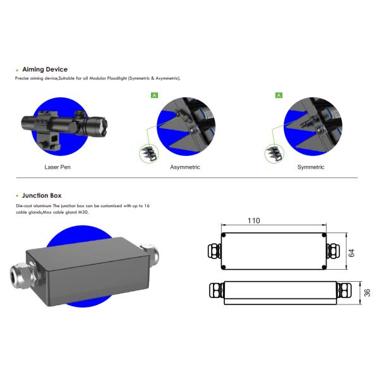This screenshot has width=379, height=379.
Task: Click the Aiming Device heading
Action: (x=45, y=69)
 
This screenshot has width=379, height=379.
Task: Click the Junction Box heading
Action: (x=42, y=196)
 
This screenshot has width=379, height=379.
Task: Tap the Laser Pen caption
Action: (x=57, y=167)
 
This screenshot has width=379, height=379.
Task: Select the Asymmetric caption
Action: (x=185, y=167)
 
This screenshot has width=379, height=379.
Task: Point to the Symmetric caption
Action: (x=311, y=167)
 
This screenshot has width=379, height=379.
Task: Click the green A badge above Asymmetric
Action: (x=155, y=95)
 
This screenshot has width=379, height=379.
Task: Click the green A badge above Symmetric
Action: (x=279, y=95)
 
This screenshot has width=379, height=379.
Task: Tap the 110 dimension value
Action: (x=254, y=220)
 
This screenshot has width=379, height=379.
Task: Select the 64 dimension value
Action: (x=351, y=253)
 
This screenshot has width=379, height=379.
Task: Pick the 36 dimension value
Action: (x=367, y=292)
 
